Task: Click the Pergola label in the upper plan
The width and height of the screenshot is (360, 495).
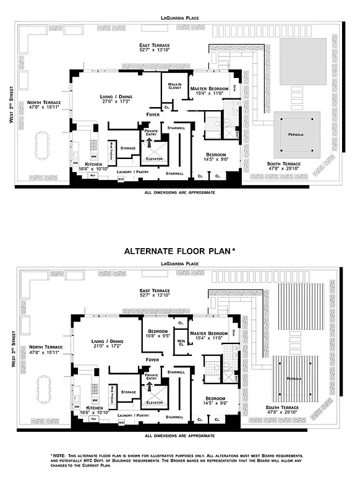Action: tap(296, 134)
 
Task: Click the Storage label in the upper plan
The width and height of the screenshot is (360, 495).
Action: tap(128, 148)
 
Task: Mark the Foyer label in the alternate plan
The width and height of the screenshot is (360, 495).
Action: tap(152, 359)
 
